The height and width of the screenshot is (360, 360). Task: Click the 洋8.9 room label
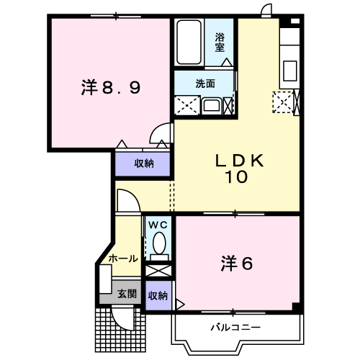click(x=110, y=88)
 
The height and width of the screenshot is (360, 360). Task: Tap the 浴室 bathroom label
click(x=219, y=42)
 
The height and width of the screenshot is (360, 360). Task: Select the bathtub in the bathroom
click(x=189, y=43)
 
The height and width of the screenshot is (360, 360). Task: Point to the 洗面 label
click(x=205, y=83)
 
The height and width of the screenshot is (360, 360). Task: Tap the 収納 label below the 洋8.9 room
click(x=144, y=163)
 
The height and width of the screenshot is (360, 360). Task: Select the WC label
click(x=158, y=225)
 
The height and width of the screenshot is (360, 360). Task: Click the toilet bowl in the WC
click(x=158, y=248)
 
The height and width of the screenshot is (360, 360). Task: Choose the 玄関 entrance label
click(x=127, y=293)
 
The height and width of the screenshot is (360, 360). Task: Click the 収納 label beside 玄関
click(x=158, y=295)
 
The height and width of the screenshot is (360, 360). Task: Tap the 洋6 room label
click(x=237, y=264)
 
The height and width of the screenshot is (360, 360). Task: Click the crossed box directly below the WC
click(x=158, y=273)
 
